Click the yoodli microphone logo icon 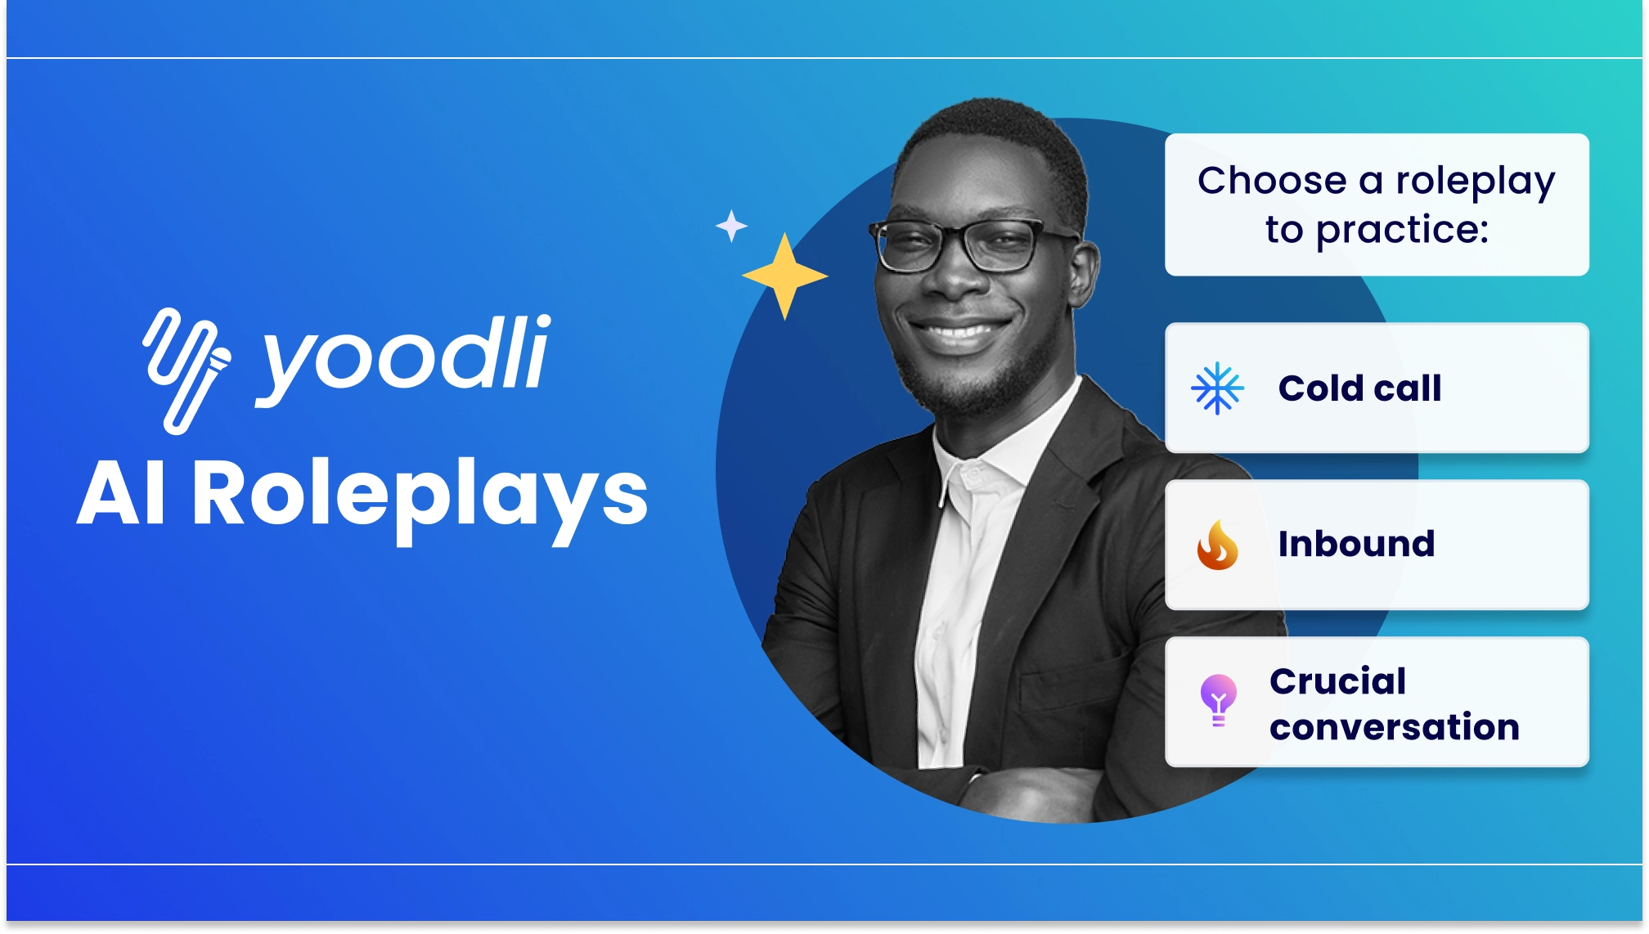coord(186,370)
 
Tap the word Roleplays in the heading coord(420,496)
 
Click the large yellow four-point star coord(784,276)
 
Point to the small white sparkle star coord(731,226)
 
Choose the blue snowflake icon coord(1217,388)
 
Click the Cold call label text coord(1359,388)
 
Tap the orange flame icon coord(1217,545)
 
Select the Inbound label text coord(1356,544)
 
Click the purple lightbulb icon coord(1218,700)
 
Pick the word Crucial coord(1337,680)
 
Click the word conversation coord(1394,726)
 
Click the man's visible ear coord(1081,274)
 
